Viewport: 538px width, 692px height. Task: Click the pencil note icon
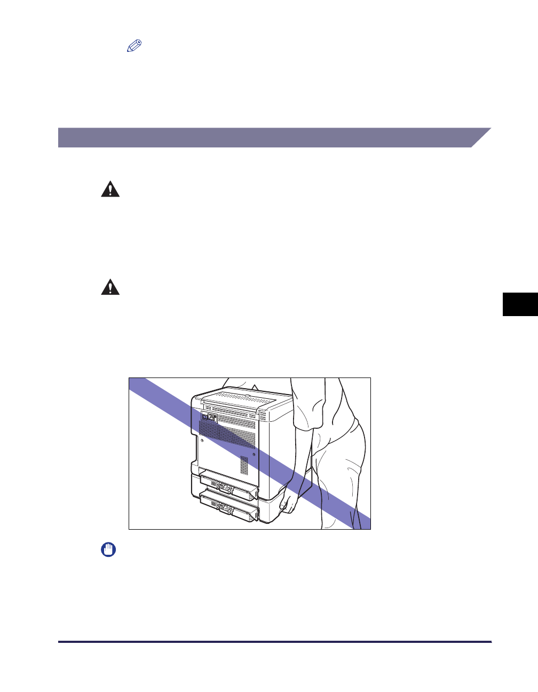134,46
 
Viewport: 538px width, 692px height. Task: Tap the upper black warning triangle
110,190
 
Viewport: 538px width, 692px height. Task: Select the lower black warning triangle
110,287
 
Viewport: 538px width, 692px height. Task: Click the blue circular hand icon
109,550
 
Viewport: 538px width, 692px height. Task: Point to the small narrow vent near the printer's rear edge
244,465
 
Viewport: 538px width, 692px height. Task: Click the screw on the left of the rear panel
202,441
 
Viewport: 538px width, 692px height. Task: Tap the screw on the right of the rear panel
253,454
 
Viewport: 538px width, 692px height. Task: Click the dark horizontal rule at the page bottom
274,642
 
